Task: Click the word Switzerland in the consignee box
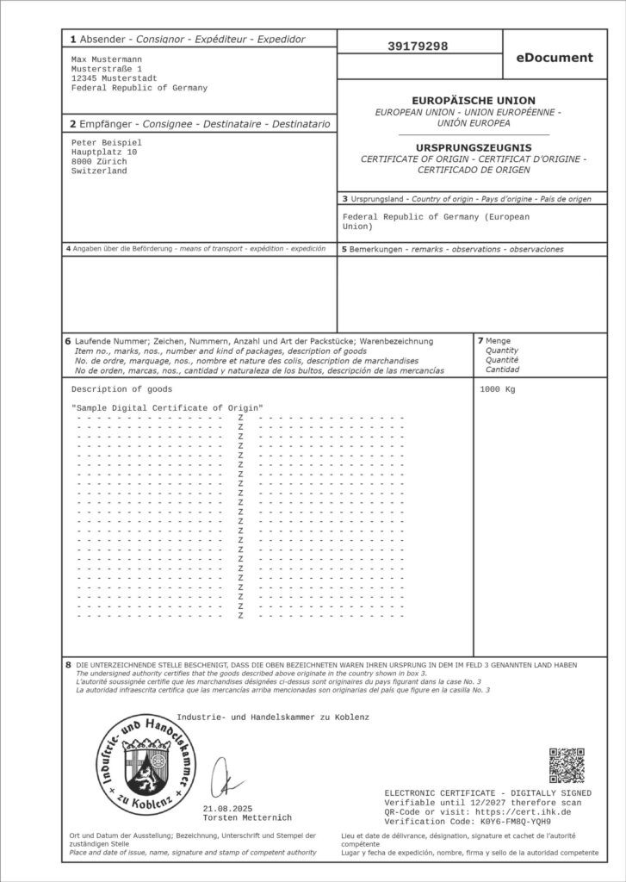[99, 171]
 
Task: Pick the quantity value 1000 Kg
[497, 389]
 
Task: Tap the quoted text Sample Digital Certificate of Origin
[167, 407]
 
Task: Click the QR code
[567, 765]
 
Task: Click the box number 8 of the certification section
[68, 665]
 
